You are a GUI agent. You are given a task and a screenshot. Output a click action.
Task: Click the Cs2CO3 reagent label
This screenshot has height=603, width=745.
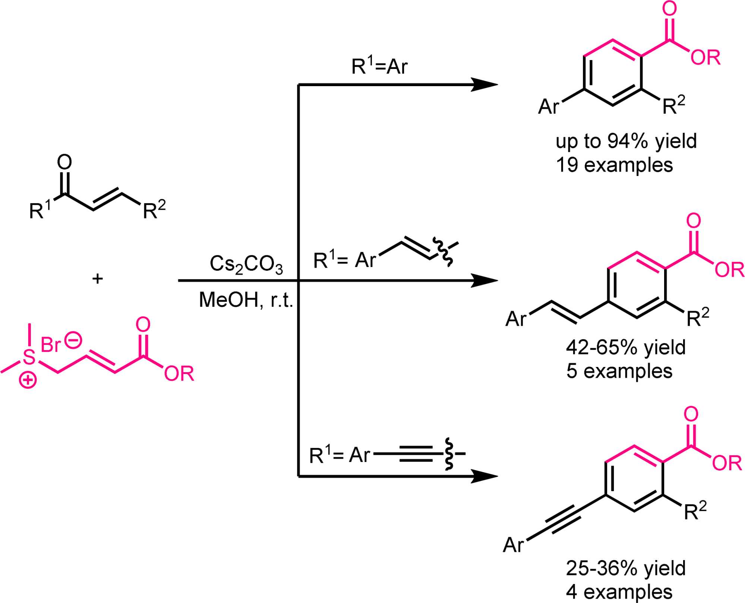tap(246, 264)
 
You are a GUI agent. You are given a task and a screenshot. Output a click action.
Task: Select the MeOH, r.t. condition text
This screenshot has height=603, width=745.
tap(246, 300)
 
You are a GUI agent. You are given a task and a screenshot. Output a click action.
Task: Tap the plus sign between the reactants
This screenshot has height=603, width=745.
tap(98, 279)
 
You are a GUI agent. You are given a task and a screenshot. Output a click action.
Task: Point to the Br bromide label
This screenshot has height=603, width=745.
tap(50, 345)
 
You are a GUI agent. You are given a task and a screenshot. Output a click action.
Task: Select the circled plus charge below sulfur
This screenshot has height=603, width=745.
tap(28, 381)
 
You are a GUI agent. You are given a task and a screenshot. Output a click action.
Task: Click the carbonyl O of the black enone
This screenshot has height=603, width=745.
tap(64, 162)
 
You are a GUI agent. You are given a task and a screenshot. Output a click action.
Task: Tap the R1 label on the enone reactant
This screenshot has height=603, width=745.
tap(40, 210)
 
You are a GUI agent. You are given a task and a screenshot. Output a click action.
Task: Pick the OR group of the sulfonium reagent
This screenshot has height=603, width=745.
tap(179, 374)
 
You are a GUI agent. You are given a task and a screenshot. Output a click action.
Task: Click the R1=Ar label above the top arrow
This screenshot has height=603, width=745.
tap(379, 66)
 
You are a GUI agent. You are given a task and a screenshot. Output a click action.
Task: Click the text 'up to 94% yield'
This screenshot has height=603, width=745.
tap(626, 141)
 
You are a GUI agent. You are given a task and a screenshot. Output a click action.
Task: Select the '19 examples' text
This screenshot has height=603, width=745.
tap(614, 165)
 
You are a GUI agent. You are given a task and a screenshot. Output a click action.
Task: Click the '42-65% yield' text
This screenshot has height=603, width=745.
tap(626, 348)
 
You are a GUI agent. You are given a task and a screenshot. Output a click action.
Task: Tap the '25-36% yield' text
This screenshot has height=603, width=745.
tap(626, 568)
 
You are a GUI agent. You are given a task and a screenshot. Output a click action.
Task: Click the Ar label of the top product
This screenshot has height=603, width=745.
tap(549, 107)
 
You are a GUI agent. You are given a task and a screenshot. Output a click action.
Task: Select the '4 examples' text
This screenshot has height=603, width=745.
tap(619, 592)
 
